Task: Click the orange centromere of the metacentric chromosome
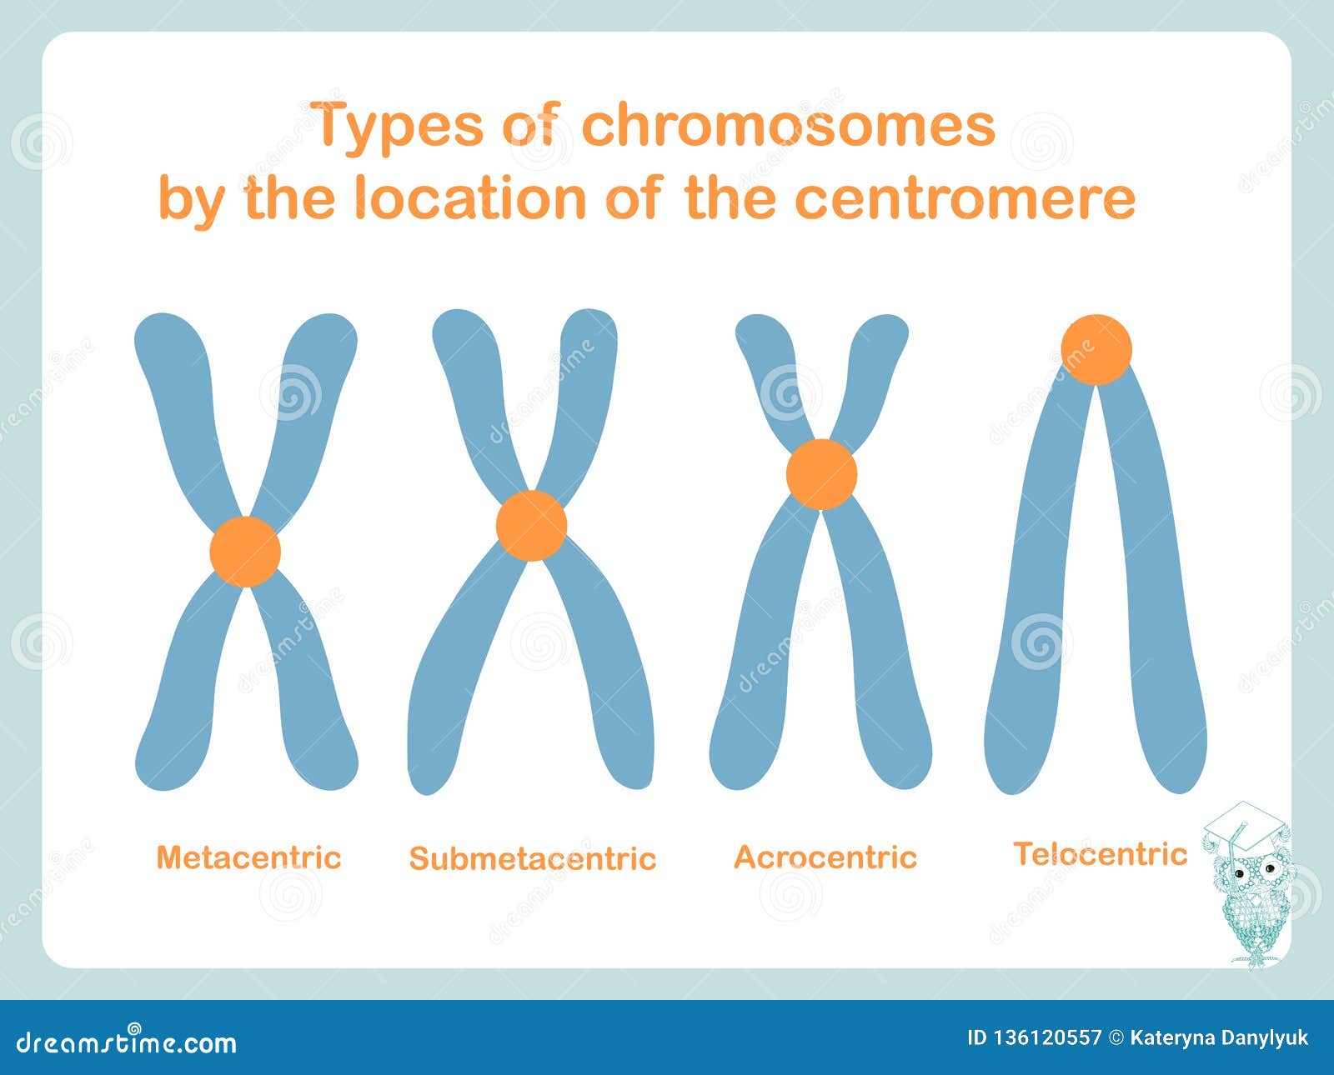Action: pos(245,552)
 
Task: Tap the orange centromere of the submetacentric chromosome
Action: pos(531,525)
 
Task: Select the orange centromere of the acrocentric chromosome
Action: pos(821,474)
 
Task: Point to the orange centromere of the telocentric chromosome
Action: pos(1096,350)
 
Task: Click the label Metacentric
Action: pos(249,857)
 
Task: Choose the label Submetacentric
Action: pos(533,858)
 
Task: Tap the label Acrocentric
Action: pos(825,857)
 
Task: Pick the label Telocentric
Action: pos(1100,854)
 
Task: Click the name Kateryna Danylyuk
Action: pos(1219,1038)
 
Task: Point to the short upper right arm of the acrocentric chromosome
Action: pos(871,367)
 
